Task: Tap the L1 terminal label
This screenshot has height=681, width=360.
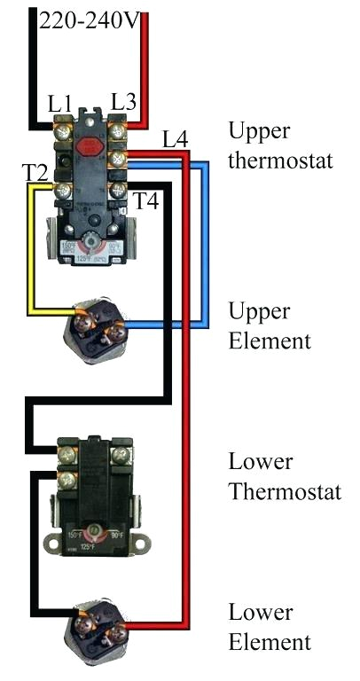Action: pos(60,106)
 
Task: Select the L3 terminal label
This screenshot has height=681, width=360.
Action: pos(123,103)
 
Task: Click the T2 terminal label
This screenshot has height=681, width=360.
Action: pos(35,172)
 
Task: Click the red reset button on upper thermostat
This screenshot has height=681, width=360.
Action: pos(89,145)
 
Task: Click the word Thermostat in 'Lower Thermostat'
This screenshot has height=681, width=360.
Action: pos(285,491)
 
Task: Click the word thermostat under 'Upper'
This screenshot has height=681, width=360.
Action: pos(280,161)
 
